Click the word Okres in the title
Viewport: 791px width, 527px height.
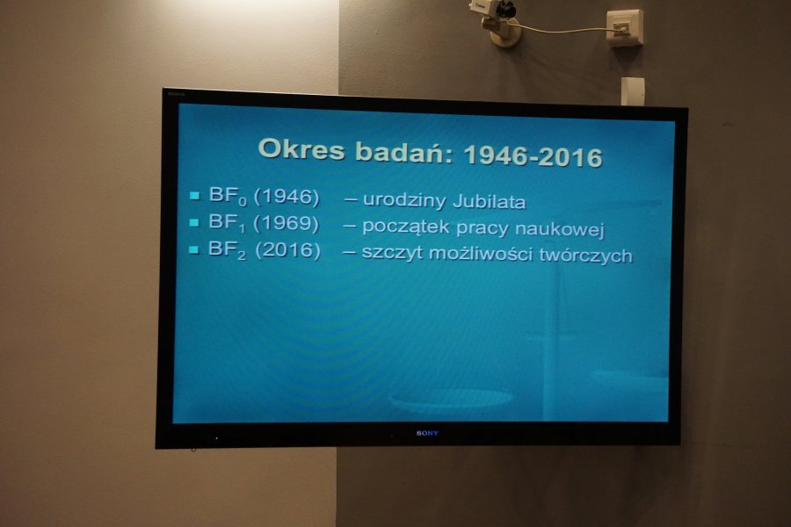(x=301, y=149)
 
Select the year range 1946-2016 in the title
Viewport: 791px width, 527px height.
(x=533, y=155)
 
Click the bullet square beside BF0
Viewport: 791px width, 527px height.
(x=195, y=196)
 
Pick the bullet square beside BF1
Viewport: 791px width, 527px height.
(x=194, y=222)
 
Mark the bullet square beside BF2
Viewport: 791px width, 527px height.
(x=193, y=249)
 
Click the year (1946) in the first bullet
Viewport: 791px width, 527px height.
(x=287, y=197)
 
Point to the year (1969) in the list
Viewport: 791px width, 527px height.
(x=286, y=223)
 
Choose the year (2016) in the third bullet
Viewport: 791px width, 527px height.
(x=287, y=250)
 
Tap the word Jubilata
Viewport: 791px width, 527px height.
(x=490, y=202)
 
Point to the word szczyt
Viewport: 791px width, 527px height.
(x=392, y=253)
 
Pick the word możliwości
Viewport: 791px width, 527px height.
(x=481, y=254)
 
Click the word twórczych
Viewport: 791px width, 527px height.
(x=585, y=256)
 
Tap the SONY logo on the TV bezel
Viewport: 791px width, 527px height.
(x=427, y=433)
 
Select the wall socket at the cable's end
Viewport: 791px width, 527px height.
(x=625, y=26)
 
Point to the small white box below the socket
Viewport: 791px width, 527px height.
(x=633, y=90)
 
